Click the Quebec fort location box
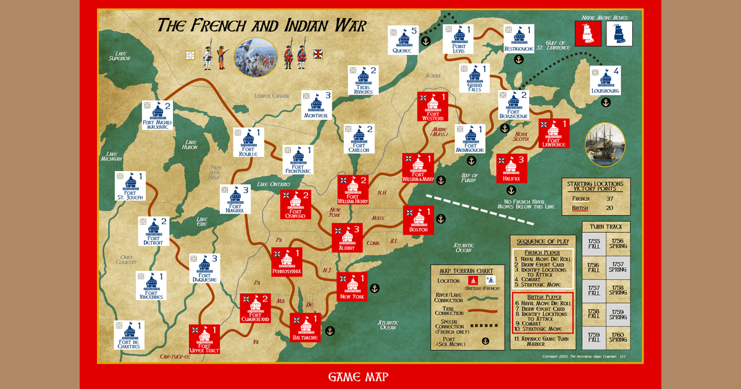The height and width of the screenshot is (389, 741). [404, 39]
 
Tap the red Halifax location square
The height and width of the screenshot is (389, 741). [512, 169]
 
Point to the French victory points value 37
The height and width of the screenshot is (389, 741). [609, 199]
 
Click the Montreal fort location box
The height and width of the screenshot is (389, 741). [316, 105]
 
